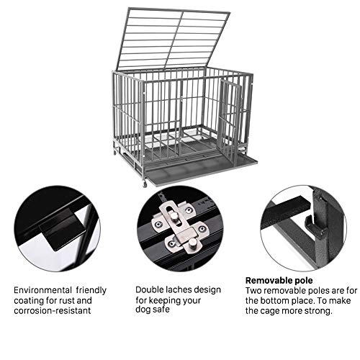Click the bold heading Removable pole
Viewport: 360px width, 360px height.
coord(279,280)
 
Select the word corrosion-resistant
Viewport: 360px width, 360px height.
coord(53,310)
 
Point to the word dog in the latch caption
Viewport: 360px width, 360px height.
coord(143,310)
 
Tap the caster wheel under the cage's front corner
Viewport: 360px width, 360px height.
coord(145,184)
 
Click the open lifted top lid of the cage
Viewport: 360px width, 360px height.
coord(173,40)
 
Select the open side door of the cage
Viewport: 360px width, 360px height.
coord(230,121)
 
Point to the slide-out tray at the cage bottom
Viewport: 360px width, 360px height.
coord(201,170)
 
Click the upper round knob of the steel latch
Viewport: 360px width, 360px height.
coord(174,217)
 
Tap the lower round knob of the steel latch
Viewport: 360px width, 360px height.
coord(192,244)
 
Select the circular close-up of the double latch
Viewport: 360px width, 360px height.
coord(180,228)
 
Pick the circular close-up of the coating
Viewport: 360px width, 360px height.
coord(57,228)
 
